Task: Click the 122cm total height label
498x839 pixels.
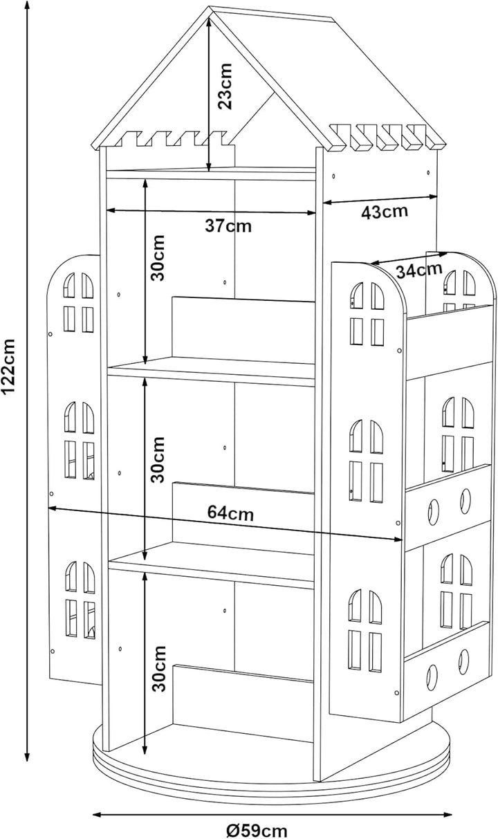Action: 8,366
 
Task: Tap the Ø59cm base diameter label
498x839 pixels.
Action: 257,831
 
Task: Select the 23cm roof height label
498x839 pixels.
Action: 225,86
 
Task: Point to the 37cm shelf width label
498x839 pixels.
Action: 228,226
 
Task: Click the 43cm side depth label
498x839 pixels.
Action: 385,212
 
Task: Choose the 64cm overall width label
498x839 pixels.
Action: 230,513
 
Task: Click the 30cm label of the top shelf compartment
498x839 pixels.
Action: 158,258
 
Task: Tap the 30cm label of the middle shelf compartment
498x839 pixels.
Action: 158,459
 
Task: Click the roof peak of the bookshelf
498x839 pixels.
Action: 210,7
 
